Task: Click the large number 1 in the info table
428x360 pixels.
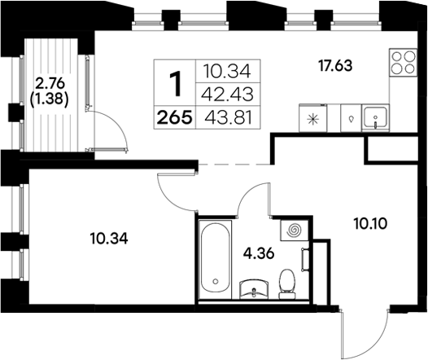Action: pyautogui.click(x=173, y=84)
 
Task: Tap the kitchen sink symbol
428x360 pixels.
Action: pyautogui.click(x=376, y=118)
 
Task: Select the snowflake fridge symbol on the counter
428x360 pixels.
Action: pyautogui.click(x=314, y=118)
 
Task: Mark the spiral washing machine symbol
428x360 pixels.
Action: pyautogui.click(x=294, y=231)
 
